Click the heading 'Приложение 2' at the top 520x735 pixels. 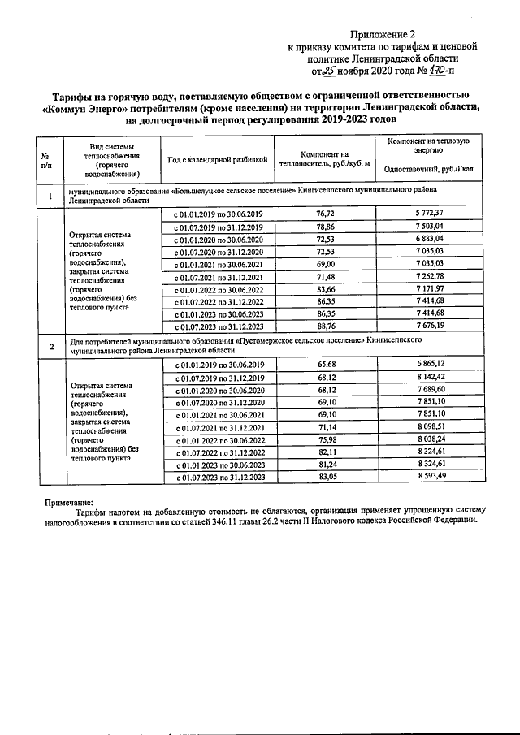click(x=383, y=34)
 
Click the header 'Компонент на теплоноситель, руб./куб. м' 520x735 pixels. click(x=324, y=159)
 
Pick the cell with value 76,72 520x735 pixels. click(x=324, y=213)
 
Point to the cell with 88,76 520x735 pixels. click(x=324, y=327)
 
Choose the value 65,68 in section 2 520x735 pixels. click(x=324, y=366)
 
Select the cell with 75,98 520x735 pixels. click(x=324, y=441)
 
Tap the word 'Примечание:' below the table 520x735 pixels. click(x=70, y=503)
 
